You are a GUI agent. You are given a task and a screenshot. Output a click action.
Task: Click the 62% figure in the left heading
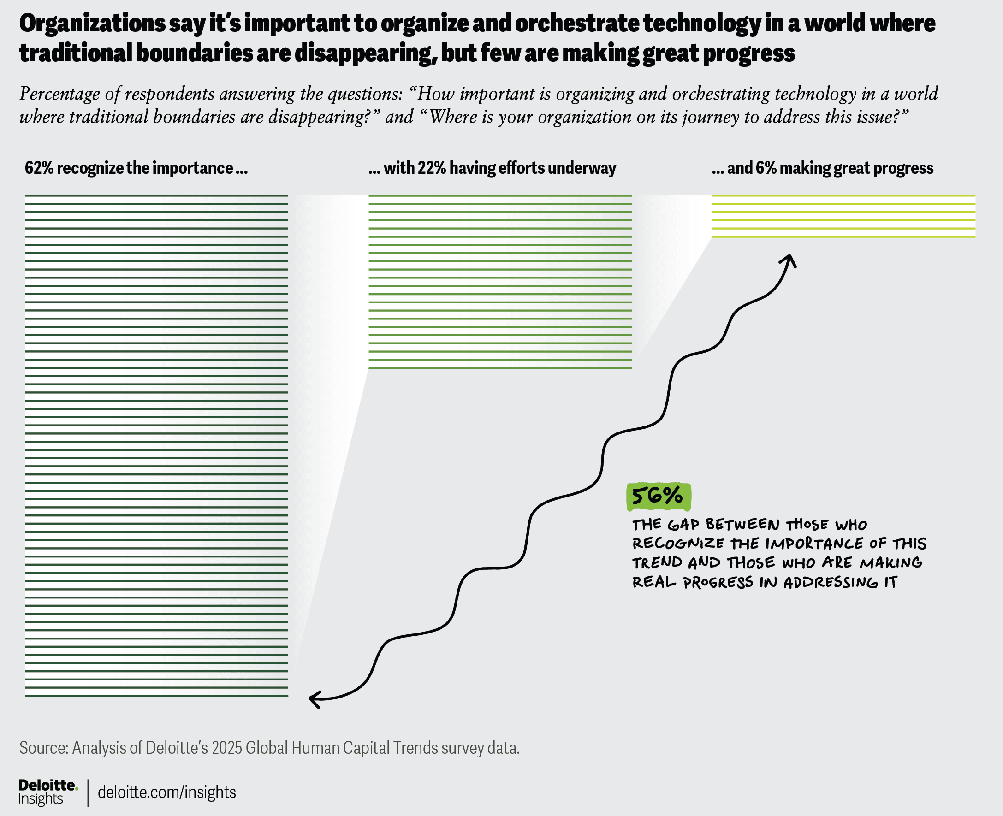tap(39, 168)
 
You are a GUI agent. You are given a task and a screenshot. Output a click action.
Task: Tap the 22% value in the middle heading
tap(431, 168)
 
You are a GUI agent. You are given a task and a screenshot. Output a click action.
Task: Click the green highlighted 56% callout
tap(659, 497)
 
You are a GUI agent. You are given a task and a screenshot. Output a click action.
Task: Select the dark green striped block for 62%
tap(156, 445)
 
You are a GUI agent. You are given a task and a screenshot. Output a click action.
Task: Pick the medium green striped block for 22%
tap(500, 282)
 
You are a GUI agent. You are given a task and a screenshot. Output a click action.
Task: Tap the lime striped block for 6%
tap(843, 216)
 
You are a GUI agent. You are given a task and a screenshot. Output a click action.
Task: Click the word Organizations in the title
tap(92, 24)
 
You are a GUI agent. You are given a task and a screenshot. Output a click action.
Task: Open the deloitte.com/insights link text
tap(166, 792)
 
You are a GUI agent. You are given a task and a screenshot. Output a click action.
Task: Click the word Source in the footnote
tap(43, 748)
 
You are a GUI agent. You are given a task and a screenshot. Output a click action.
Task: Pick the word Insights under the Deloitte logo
tap(41, 798)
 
